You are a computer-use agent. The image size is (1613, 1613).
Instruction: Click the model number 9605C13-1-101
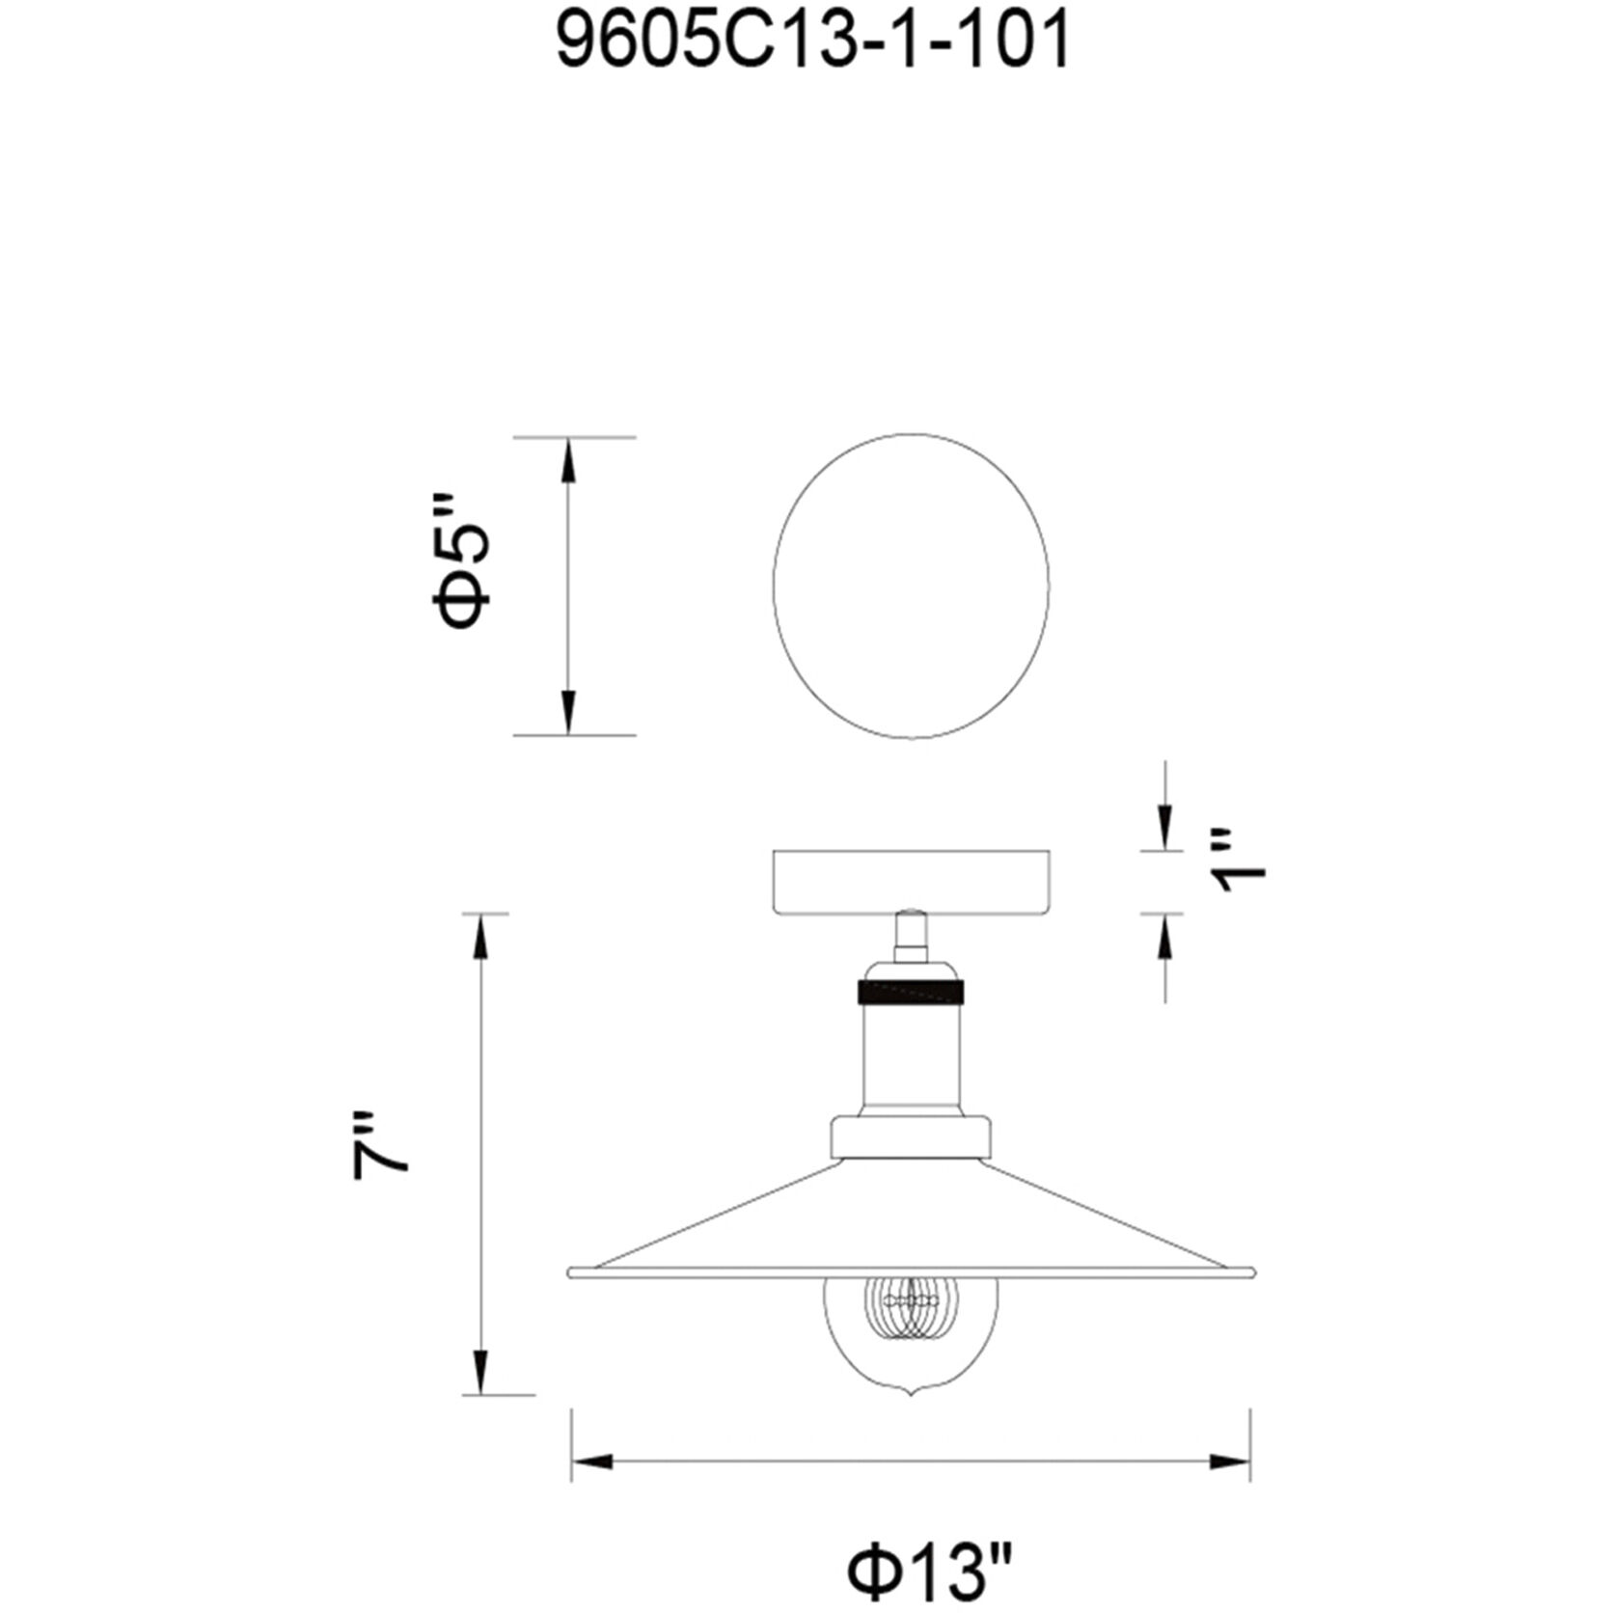point(813,42)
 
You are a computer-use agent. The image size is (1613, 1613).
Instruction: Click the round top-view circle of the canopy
point(911,586)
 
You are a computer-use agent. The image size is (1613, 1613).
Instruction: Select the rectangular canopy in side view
point(911,881)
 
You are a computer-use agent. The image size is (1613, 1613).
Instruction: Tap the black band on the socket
point(911,991)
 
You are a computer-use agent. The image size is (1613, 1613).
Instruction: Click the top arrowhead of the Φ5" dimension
point(569,459)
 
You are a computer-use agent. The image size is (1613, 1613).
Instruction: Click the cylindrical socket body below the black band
point(911,1056)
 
